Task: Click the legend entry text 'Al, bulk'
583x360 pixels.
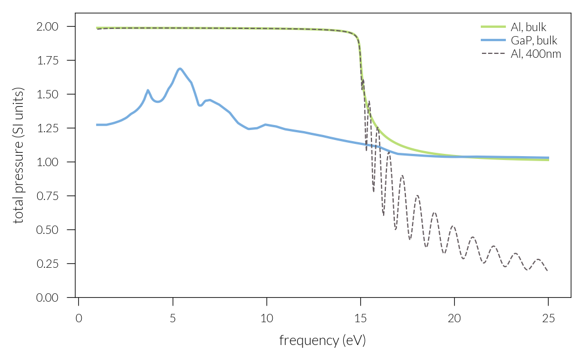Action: click(x=532, y=27)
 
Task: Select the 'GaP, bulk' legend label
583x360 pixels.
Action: click(x=534, y=41)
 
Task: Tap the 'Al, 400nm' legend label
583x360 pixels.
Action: click(x=536, y=54)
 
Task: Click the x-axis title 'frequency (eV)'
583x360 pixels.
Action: click(x=322, y=340)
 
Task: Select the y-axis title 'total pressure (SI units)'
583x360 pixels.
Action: click(x=19, y=155)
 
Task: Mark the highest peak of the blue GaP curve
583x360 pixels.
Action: click(x=180, y=69)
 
